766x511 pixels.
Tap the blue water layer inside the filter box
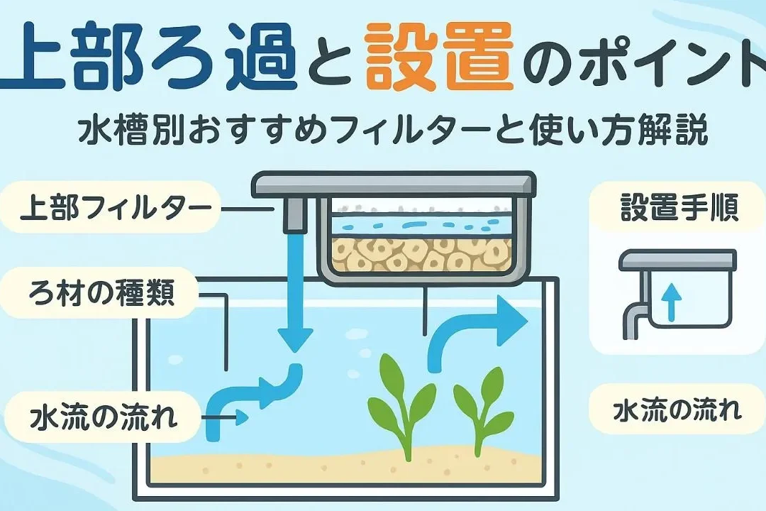tap(418, 226)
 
